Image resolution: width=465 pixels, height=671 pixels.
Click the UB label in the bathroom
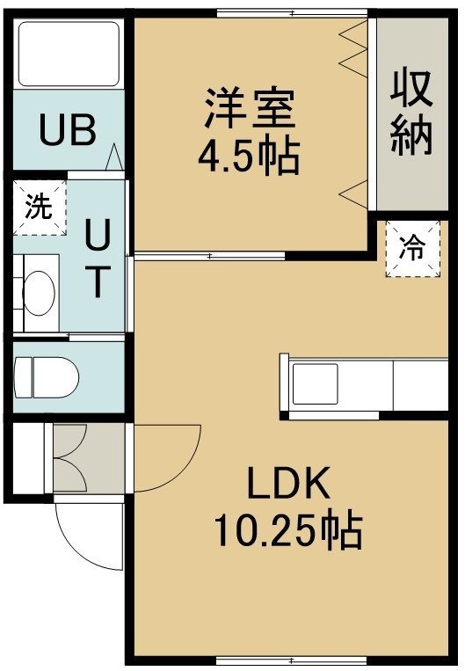tap(67, 128)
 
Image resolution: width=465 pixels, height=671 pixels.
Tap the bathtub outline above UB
tap(69, 54)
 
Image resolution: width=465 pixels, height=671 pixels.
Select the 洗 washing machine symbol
tap(40, 208)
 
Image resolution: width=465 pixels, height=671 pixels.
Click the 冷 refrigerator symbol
tap(413, 249)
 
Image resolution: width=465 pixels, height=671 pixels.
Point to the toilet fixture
tap(47, 378)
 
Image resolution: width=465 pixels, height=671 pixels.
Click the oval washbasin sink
tap(40, 293)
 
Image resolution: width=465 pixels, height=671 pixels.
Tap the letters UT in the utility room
tap(98, 258)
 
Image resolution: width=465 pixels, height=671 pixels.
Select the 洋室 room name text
tap(251, 107)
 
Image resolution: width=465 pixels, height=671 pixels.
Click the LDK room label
tap(289, 483)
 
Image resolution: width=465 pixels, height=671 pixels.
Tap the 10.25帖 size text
tap(288, 530)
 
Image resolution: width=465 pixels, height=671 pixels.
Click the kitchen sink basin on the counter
tap(315, 383)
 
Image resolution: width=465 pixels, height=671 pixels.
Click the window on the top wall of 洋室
tap(292, 14)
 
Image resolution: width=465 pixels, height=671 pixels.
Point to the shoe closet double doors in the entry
tap(70, 458)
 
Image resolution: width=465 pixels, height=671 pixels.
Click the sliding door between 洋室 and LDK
tap(209, 256)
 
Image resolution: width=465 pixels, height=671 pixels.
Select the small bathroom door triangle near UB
tap(114, 157)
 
